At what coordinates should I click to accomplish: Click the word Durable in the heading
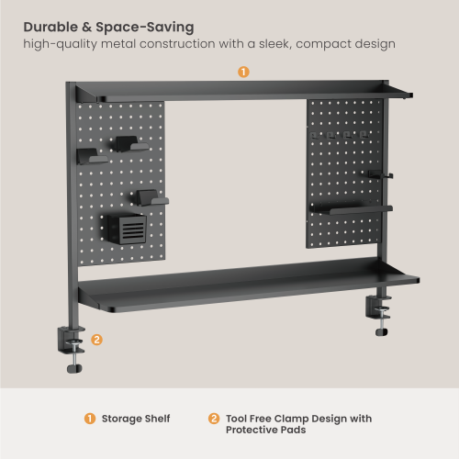tap(50, 27)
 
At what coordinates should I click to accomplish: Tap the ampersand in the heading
tap(87, 28)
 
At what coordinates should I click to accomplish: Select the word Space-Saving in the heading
tap(145, 28)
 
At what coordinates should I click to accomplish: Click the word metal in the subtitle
tap(118, 44)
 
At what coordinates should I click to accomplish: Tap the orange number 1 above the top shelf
tap(243, 72)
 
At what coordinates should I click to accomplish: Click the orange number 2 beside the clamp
tap(96, 340)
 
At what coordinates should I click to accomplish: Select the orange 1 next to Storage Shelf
tap(90, 419)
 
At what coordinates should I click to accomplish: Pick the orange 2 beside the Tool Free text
tap(214, 419)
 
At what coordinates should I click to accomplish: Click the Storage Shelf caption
tap(136, 419)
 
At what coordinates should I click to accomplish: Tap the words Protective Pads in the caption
tap(265, 430)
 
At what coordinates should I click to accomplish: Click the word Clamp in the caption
tap(291, 419)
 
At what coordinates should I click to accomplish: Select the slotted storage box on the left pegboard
tap(127, 229)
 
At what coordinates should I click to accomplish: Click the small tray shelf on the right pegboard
tap(352, 209)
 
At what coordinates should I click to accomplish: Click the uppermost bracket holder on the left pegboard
tap(132, 144)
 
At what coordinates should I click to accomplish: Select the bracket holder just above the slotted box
tap(152, 197)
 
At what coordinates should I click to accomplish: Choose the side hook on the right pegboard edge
tap(380, 174)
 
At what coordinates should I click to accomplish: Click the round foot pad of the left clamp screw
tap(74, 368)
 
